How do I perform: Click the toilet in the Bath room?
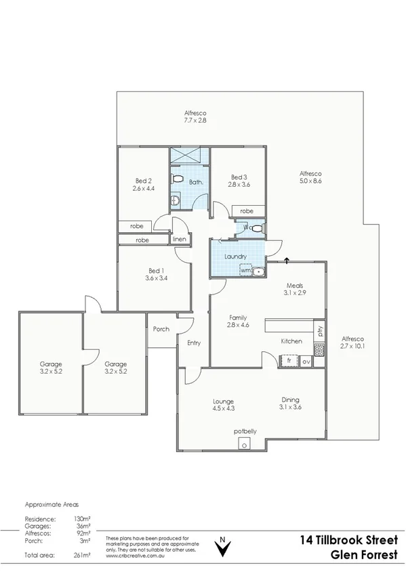coord(178,179)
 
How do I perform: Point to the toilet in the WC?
coord(255,228)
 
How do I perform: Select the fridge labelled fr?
coord(289,361)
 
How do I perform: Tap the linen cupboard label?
coord(179,240)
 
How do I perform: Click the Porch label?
coord(161,329)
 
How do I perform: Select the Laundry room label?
coord(235,257)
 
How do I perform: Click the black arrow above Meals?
coord(287,259)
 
